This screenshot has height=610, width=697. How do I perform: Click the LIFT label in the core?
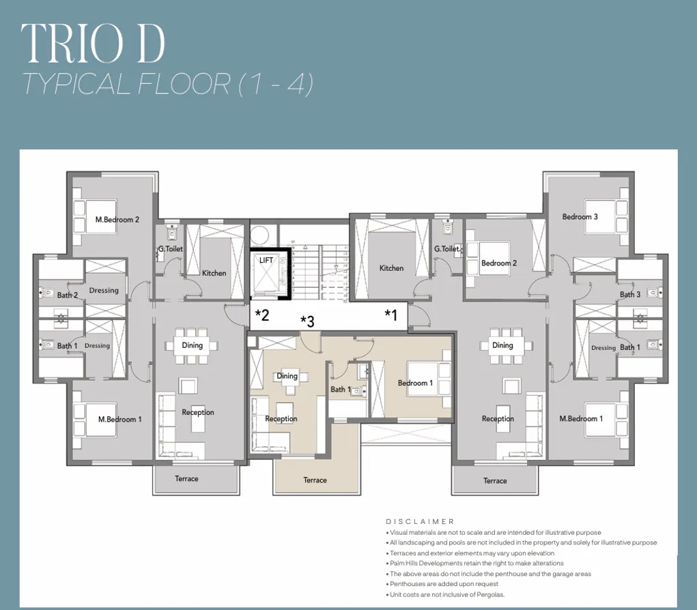pos(266,261)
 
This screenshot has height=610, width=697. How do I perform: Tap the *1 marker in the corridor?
pos(390,315)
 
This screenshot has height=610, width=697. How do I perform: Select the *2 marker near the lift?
pos(262,315)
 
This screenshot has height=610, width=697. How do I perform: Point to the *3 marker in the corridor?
pos(307,321)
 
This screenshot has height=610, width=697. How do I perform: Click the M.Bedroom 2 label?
pos(117,220)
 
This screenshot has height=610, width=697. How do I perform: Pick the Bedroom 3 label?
pos(580,217)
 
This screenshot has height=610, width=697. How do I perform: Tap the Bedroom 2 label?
pos(498,263)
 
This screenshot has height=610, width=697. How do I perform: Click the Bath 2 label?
pos(68,295)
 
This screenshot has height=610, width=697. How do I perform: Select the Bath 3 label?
pos(629,295)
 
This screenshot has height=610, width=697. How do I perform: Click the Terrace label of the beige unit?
pos(315,480)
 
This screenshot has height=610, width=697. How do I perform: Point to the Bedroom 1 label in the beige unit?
pos(415,383)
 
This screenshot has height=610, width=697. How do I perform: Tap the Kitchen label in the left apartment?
pos(214,273)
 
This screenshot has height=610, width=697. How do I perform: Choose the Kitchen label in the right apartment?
pos(391,269)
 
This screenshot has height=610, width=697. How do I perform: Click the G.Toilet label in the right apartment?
pos(446,249)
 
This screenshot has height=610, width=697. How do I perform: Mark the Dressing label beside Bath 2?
pos(104,291)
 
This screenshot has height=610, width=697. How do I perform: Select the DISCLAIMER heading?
pos(420,521)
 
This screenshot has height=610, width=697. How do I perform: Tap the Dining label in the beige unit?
pos(287,376)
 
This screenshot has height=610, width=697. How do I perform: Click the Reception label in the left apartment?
pos(198,412)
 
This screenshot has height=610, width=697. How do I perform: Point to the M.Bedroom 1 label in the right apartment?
pos(581,419)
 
